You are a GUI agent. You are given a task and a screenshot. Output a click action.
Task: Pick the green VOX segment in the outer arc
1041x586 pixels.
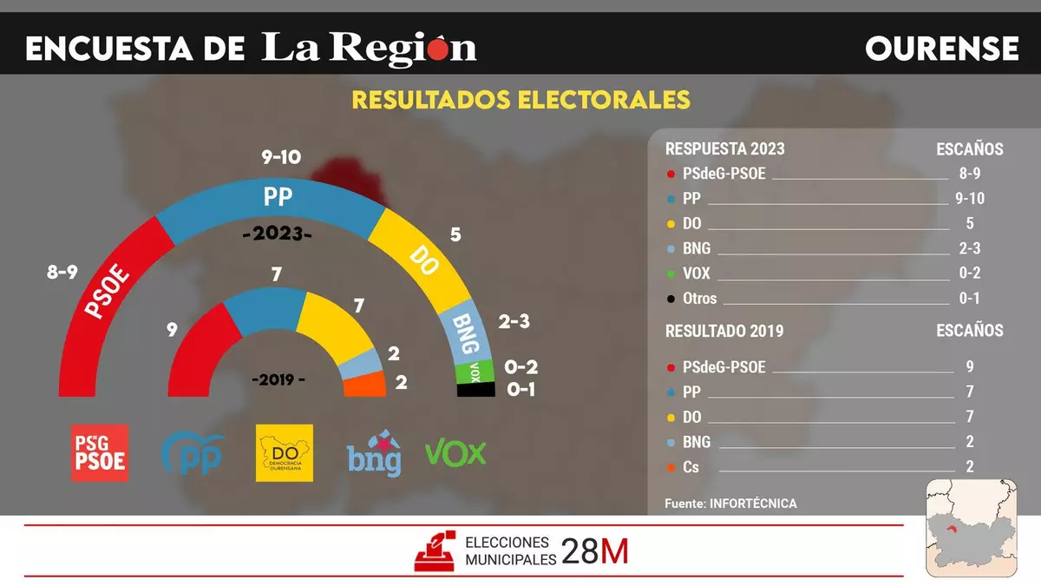pyautogui.click(x=475, y=372)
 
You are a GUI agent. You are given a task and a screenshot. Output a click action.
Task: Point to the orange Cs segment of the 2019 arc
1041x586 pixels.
pyautogui.click(x=365, y=384)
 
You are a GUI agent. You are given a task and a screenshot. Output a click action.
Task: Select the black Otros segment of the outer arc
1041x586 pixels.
pyautogui.click(x=475, y=390)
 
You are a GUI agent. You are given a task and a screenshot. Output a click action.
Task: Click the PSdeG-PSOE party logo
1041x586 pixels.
pyautogui.click(x=99, y=452)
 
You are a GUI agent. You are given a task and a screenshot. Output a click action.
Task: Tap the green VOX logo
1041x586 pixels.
pyautogui.click(x=455, y=452)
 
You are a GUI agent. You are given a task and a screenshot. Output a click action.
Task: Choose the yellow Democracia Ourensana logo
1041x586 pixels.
pyautogui.click(x=285, y=452)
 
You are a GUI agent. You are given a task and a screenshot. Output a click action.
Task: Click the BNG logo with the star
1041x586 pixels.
pyautogui.click(x=374, y=452)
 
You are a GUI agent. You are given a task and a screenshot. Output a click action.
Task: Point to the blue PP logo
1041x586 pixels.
pyautogui.click(x=193, y=452)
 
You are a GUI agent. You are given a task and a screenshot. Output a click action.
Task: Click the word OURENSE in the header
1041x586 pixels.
pyautogui.click(x=941, y=49)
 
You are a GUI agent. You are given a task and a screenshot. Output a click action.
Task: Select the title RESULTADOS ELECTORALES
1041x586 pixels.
pyautogui.click(x=520, y=100)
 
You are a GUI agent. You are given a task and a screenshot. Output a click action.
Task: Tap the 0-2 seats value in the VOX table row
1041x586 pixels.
pyautogui.click(x=969, y=273)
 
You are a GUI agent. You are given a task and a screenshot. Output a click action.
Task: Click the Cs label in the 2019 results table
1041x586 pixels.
pyautogui.click(x=691, y=467)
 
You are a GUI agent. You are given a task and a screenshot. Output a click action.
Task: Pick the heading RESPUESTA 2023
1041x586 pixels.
pyautogui.click(x=724, y=149)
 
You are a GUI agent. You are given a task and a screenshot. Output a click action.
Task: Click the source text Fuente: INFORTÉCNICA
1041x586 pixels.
pyautogui.click(x=730, y=504)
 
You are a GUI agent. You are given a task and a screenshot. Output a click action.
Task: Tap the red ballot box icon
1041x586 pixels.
pyautogui.click(x=436, y=550)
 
